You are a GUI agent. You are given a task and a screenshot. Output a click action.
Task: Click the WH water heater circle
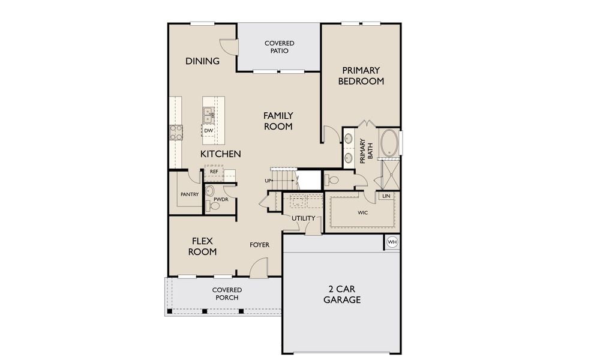point(392,242)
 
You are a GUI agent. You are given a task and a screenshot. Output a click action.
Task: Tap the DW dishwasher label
point(208,131)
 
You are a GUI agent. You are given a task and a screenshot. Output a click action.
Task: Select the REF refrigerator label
point(214,172)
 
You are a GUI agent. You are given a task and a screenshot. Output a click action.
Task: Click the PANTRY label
point(190,194)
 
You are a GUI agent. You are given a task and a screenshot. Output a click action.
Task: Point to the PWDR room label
point(221,199)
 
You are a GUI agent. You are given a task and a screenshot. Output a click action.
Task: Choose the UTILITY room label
point(303,218)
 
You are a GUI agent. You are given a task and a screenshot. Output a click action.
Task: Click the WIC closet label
point(362,212)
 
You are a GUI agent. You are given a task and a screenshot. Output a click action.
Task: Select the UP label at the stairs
point(268,181)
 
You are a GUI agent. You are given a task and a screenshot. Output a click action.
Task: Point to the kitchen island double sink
point(209,114)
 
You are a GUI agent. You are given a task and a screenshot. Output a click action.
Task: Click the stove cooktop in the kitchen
point(176,132)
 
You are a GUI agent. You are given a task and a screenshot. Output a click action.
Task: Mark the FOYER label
point(259,245)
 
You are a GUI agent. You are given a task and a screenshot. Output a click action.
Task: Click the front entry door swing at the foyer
point(259,268)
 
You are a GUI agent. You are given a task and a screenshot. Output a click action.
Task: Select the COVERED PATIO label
point(280,47)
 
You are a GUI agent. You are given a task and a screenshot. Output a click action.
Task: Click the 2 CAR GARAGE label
point(342,294)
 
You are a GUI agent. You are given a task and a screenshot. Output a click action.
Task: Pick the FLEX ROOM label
point(202,246)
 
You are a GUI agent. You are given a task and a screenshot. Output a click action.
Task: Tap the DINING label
point(202,61)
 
